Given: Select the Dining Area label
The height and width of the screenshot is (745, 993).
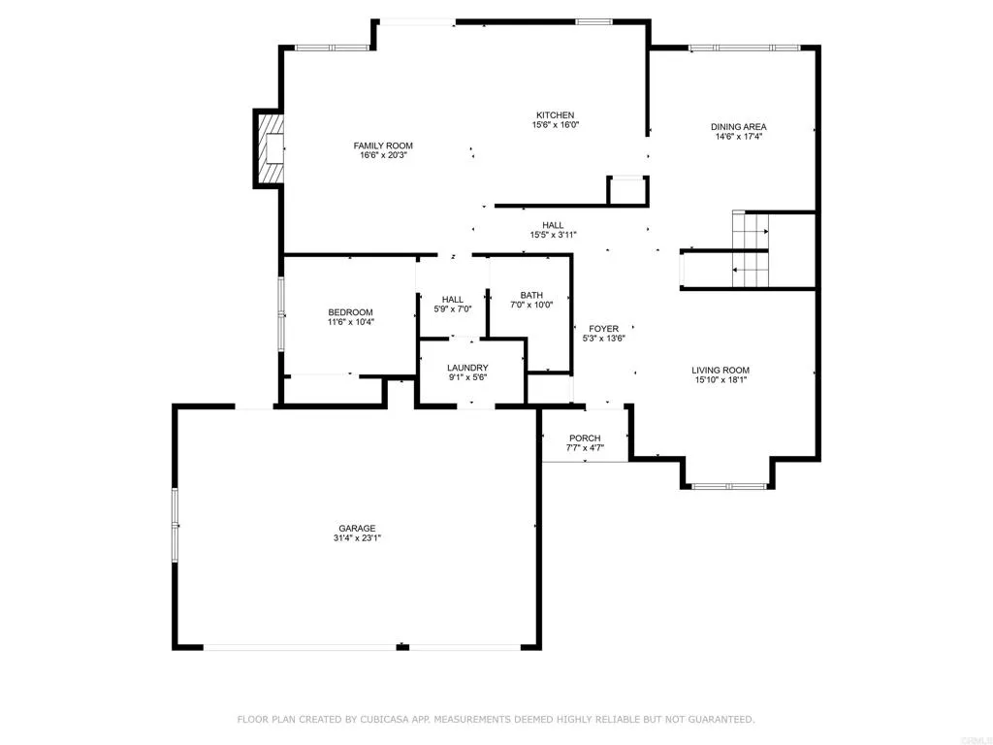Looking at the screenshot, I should click(739, 127).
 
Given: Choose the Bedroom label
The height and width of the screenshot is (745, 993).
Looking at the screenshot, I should click(350, 312).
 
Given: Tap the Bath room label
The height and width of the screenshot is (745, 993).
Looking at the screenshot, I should click(531, 296).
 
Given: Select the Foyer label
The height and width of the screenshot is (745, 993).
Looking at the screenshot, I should click(603, 329).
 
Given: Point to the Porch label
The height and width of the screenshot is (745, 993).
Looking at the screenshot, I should click(585, 438).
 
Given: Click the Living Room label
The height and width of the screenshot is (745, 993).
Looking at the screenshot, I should click(721, 371).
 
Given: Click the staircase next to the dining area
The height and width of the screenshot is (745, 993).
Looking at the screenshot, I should click(750, 250).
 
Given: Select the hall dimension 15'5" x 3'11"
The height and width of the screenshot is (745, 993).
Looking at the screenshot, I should click(553, 235).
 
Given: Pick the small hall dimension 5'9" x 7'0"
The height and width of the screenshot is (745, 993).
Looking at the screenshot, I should click(452, 309).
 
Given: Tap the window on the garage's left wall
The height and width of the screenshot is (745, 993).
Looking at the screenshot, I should click(176, 525).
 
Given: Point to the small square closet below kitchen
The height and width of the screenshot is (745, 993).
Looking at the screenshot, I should click(627, 190).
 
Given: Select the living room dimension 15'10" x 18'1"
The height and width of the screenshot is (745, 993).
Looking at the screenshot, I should click(721, 380).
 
